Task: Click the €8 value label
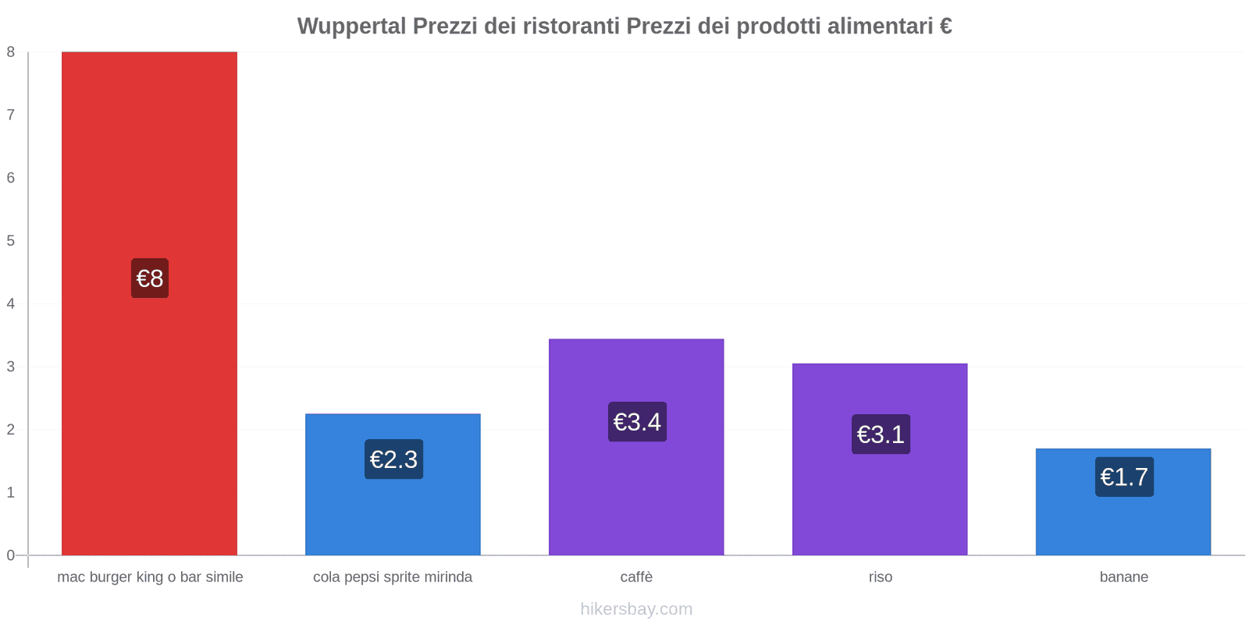pos(150,278)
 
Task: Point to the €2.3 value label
pos(393,459)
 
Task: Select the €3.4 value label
pos(637,422)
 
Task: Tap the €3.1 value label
pos(881,434)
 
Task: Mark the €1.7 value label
pos(1124,477)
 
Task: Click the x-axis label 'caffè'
pos(636,577)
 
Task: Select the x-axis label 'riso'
pos(880,577)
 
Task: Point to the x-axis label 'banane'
pos(1123,577)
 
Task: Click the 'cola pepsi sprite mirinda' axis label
pos(393,577)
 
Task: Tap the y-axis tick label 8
pos(11,52)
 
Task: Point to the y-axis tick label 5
pos(11,241)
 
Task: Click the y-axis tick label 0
pos(11,555)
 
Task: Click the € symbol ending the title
pos(945,27)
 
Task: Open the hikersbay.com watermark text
pos(636,609)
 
